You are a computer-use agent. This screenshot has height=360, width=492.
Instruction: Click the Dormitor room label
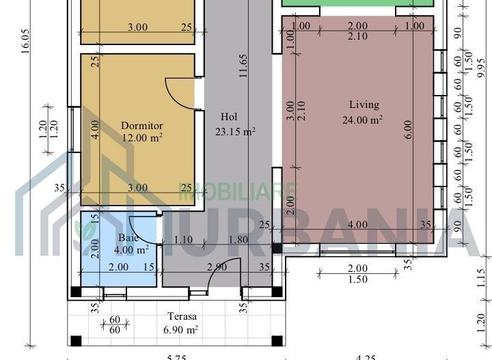coord(141,126)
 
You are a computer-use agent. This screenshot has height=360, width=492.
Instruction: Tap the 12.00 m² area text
coord(141,137)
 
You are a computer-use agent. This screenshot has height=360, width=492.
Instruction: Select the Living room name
coord(364,105)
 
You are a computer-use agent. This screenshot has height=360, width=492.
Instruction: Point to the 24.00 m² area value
coord(362,120)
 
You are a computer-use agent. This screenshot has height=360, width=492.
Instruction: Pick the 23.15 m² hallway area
coord(235,132)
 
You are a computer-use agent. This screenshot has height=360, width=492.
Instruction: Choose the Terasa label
coord(183,317)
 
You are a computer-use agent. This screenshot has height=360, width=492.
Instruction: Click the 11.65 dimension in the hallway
coord(244,66)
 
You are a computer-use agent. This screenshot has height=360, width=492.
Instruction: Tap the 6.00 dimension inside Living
coord(408,130)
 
